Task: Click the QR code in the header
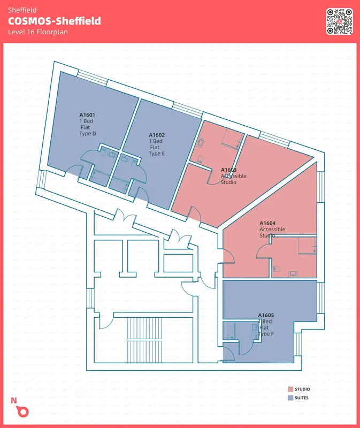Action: tap(339, 21)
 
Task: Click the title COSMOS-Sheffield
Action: tap(55, 21)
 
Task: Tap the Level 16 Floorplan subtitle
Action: tap(37, 32)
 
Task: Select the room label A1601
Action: tap(87, 115)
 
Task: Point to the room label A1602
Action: tap(157, 135)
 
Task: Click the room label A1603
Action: tap(229, 170)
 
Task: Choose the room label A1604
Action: tap(267, 223)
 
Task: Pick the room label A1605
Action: tap(266, 315)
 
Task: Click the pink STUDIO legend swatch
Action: tap(290, 389)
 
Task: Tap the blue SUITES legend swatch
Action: tap(290, 398)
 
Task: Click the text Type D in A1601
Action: tap(88, 134)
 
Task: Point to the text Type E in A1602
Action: tap(157, 154)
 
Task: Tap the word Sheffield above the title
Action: tap(22, 10)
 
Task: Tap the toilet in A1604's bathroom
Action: tap(277, 269)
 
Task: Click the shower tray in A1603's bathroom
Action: tap(232, 139)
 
